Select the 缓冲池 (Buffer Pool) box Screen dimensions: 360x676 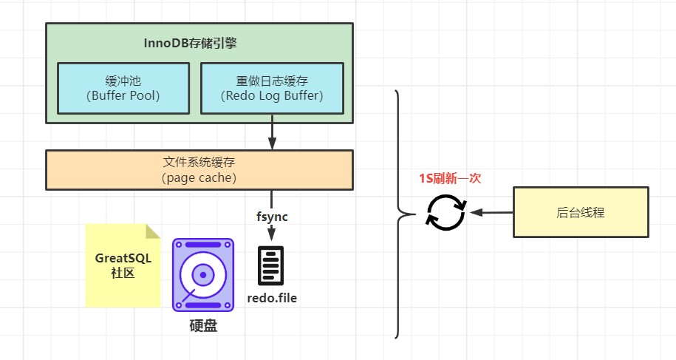click(x=123, y=88)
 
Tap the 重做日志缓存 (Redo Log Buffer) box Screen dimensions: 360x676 click(x=272, y=88)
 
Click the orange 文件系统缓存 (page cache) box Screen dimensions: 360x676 click(x=199, y=170)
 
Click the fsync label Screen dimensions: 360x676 click(x=272, y=217)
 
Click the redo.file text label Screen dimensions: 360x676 click(x=272, y=299)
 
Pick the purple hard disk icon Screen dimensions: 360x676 click(x=202, y=274)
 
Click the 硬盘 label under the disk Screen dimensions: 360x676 click(x=203, y=326)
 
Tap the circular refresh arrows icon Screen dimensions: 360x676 click(x=445, y=212)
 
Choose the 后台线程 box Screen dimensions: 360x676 click(x=581, y=212)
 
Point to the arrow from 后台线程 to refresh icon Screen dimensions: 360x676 click(x=491, y=212)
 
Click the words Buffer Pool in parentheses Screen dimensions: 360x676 click(x=123, y=95)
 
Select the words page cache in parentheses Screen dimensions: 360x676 click(x=199, y=178)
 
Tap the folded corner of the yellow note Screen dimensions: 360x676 click(x=152, y=231)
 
